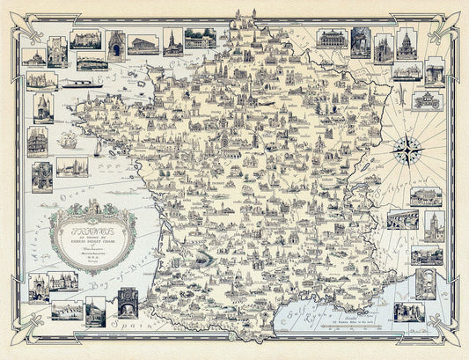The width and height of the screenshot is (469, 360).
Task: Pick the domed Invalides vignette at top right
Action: click(406, 46)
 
